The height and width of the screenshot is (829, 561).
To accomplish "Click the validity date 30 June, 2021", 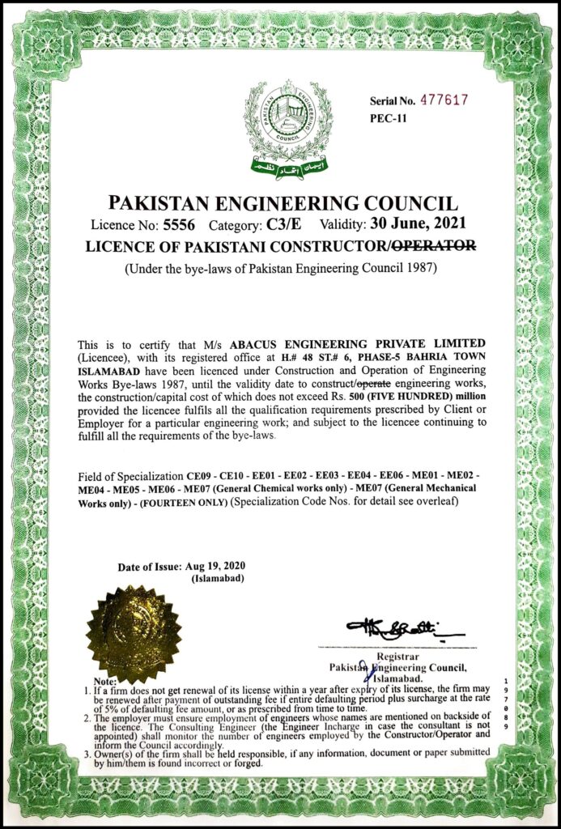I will (x=415, y=225).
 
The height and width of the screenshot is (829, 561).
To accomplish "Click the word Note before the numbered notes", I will (x=105, y=682).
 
